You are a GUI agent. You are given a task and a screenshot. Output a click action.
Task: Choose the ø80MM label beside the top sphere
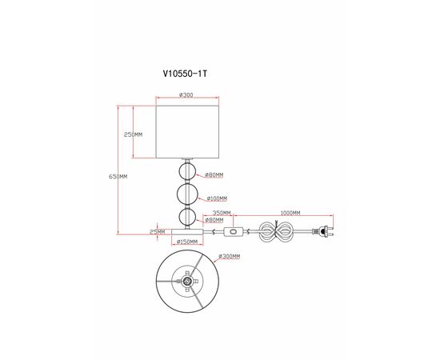(x=214, y=174)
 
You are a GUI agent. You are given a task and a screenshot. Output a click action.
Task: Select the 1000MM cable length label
(x=290, y=213)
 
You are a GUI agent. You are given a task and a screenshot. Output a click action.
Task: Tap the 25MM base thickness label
(x=158, y=231)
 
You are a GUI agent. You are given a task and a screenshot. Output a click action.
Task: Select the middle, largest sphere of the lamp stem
(x=187, y=195)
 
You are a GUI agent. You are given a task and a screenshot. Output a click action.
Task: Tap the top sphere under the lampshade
(x=187, y=173)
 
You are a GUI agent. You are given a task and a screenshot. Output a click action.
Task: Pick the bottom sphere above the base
(x=187, y=217)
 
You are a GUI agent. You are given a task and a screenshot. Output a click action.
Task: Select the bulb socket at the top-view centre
(x=187, y=282)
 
